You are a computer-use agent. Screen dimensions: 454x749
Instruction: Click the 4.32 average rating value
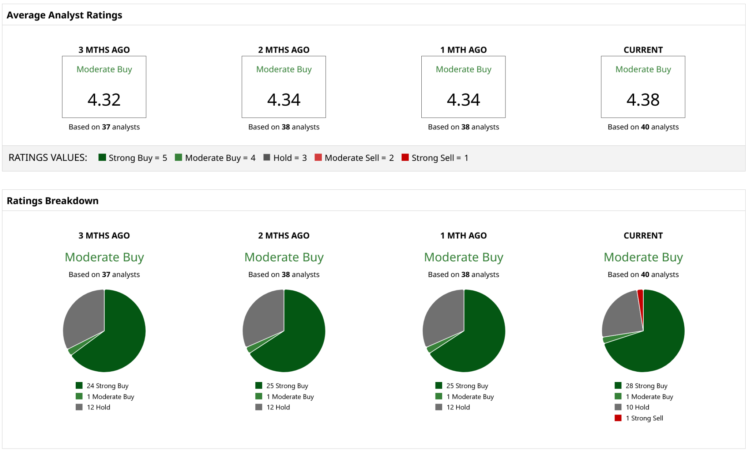104,100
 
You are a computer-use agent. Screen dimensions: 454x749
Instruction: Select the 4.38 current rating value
643,100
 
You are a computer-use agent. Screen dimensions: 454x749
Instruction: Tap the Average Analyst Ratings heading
64,15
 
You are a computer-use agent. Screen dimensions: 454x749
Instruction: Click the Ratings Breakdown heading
53,201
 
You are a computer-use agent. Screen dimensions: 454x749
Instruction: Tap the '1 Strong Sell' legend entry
644,418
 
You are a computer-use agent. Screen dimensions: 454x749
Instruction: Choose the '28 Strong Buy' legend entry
646,386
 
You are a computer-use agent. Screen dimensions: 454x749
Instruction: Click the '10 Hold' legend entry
637,407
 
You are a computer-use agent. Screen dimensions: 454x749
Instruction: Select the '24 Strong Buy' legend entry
107,386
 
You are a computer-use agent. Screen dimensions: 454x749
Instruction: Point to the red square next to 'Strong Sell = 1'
405,158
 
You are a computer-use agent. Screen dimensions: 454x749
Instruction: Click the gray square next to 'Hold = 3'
267,158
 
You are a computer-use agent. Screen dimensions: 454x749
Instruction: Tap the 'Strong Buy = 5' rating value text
138,158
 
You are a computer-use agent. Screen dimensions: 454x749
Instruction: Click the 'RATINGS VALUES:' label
48,158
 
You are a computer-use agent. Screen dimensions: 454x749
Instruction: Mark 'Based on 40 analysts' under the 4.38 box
643,127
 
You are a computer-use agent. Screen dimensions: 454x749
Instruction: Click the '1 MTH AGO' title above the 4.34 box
463,50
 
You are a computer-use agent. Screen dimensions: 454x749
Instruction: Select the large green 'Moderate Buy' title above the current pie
643,257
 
